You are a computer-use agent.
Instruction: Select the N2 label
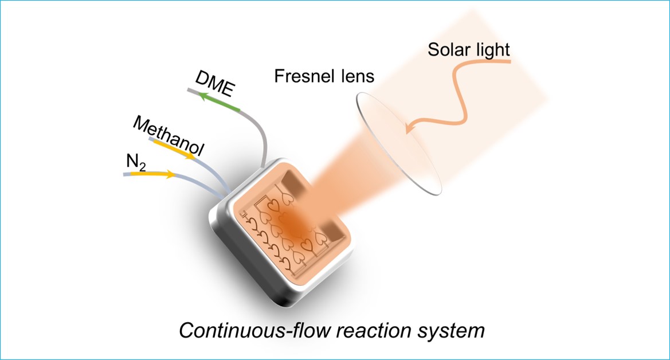coord(135,163)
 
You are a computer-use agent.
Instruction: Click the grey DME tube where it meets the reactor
coord(264,163)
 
